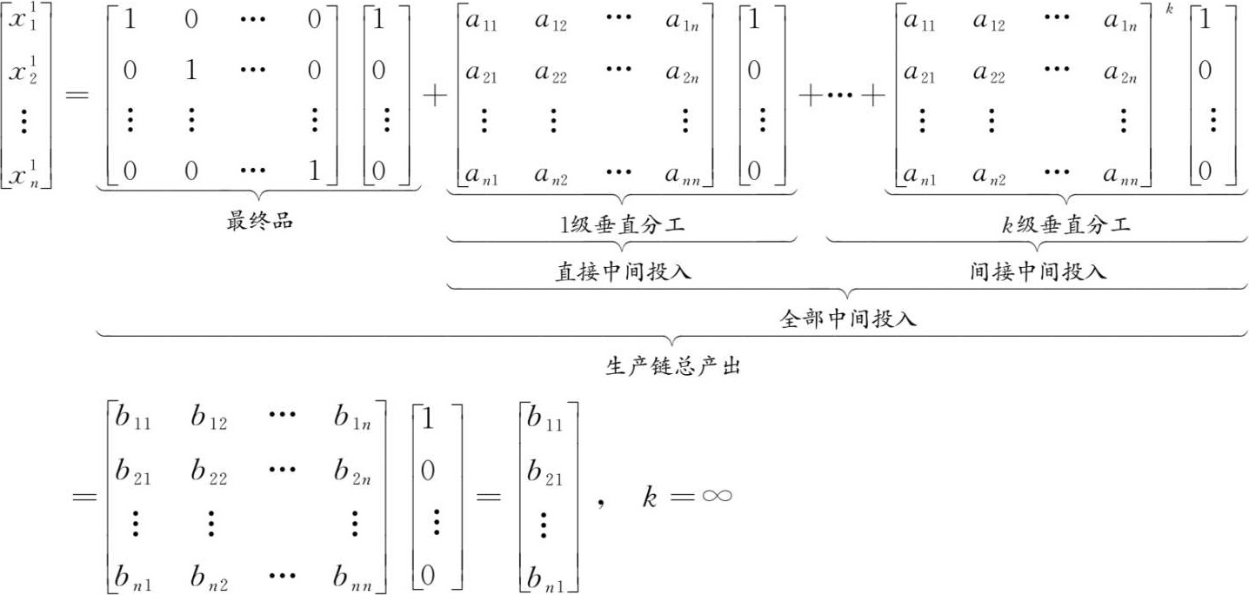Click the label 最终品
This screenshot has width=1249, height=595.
259,221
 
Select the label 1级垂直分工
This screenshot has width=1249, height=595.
623,226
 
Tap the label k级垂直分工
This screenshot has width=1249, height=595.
1065,226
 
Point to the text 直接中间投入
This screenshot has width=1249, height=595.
623,271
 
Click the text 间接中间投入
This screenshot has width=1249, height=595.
1038,271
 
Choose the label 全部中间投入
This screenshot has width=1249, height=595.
848,318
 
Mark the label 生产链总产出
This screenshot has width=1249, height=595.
671,366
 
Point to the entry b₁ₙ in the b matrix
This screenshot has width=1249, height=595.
353,422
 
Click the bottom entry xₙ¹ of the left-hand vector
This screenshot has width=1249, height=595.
25,177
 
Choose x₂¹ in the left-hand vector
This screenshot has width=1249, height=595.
25,73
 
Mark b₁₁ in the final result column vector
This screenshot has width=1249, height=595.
545,423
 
